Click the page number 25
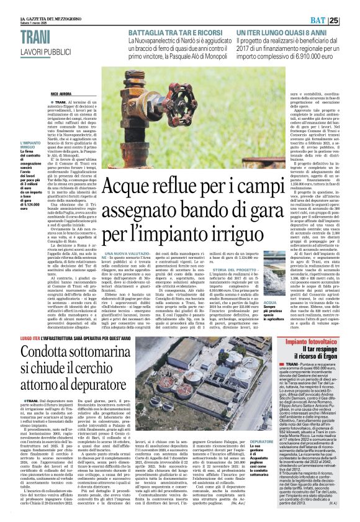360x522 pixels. [x=351, y=20]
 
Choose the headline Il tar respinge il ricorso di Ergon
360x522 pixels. [x=316, y=356]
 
